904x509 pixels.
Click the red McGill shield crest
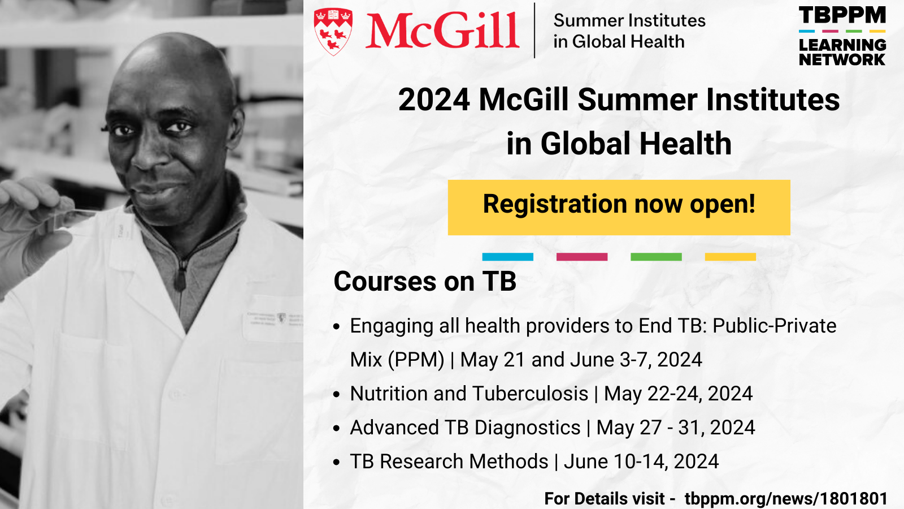[333, 32]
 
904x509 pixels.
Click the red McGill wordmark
[442, 31]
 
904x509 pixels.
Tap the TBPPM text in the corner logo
[842, 15]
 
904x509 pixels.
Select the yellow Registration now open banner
[619, 207]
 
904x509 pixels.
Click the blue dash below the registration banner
[508, 257]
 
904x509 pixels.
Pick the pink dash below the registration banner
[582, 257]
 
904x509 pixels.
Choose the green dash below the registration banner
[656, 257]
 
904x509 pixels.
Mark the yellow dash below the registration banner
[731, 257]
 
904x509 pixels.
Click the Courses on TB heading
[425, 281]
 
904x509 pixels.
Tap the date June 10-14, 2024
[641, 461]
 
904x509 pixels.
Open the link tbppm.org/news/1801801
[786, 498]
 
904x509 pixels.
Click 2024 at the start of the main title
[434, 100]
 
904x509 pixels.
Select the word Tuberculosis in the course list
[531, 394]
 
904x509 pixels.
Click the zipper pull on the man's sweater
[180, 277]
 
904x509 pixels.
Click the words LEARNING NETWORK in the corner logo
[842, 51]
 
